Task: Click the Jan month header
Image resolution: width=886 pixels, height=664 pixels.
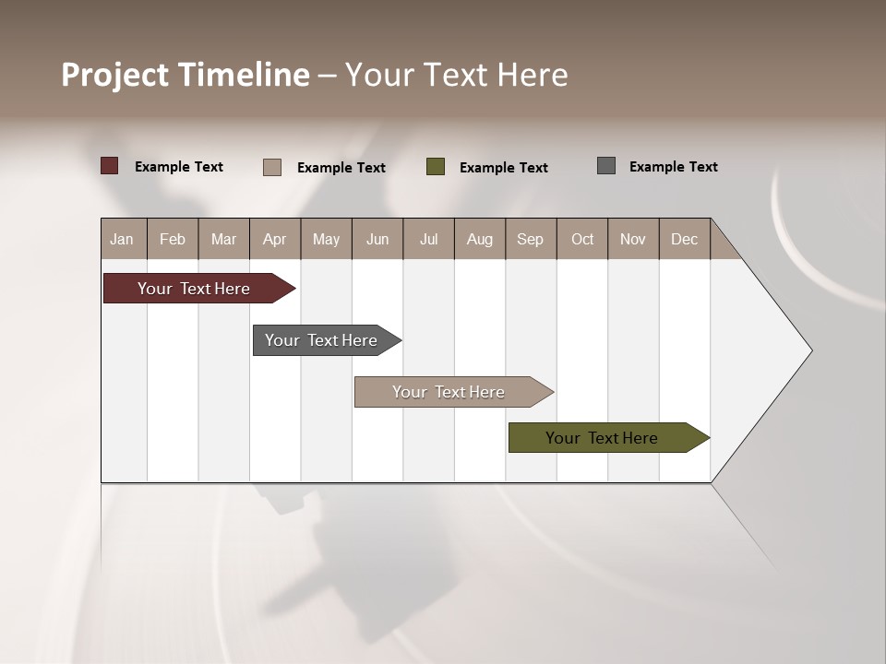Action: (122, 239)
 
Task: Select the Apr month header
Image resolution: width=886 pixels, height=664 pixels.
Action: (274, 239)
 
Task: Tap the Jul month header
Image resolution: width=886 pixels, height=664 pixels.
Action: (428, 239)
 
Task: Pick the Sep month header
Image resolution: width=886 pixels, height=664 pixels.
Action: (530, 239)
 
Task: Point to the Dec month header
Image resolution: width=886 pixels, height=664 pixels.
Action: (684, 239)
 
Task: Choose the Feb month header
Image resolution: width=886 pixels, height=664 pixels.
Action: (173, 239)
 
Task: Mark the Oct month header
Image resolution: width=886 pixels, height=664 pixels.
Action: (582, 239)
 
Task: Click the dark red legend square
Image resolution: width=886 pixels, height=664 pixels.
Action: (110, 166)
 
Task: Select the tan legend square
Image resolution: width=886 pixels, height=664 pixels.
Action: (272, 167)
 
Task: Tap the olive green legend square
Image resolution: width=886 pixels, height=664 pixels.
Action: (436, 167)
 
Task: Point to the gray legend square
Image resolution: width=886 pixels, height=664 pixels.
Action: (606, 166)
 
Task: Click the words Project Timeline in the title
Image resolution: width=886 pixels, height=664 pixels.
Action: (186, 75)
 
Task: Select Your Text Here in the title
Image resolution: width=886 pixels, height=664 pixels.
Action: (456, 75)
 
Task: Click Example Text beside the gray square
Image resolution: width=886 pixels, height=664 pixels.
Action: (673, 167)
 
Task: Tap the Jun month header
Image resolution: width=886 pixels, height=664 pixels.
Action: (377, 239)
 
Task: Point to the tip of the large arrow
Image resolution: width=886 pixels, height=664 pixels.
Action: (809, 350)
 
